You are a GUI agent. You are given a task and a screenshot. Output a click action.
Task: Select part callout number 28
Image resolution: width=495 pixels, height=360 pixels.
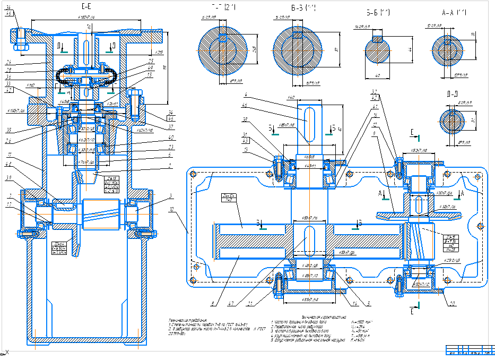click(x=9, y=70)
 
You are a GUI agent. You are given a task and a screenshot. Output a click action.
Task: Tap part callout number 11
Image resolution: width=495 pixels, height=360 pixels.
click(x=9, y=155)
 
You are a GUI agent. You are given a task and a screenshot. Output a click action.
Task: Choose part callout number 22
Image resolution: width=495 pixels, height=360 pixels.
click(x=437, y=304)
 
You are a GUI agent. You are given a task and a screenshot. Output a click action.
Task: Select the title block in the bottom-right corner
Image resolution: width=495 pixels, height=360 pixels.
click(x=469, y=352)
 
